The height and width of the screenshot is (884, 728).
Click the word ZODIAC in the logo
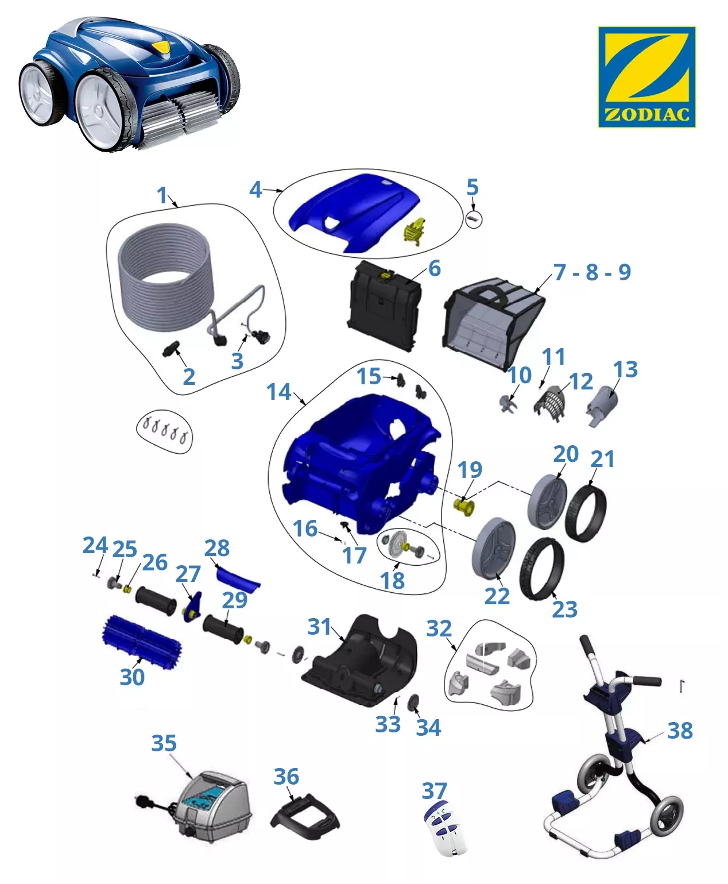pyautogui.click(x=646, y=114)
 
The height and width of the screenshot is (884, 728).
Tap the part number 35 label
pyautogui.click(x=164, y=743)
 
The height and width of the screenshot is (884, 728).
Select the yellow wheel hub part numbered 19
pyautogui.click(x=463, y=507)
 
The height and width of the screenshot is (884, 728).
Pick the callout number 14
pyautogui.click(x=278, y=392)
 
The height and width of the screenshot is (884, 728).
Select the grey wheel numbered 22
pyautogui.click(x=494, y=549)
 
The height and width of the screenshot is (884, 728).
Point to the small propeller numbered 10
pyautogui.click(x=508, y=403)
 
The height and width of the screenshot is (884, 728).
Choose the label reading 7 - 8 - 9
pyautogui.click(x=592, y=272)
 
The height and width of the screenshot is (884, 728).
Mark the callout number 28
pyautogui.click(x=216, y=548)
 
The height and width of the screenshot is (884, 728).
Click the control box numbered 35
pyautogui.click(x=214, y=806)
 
